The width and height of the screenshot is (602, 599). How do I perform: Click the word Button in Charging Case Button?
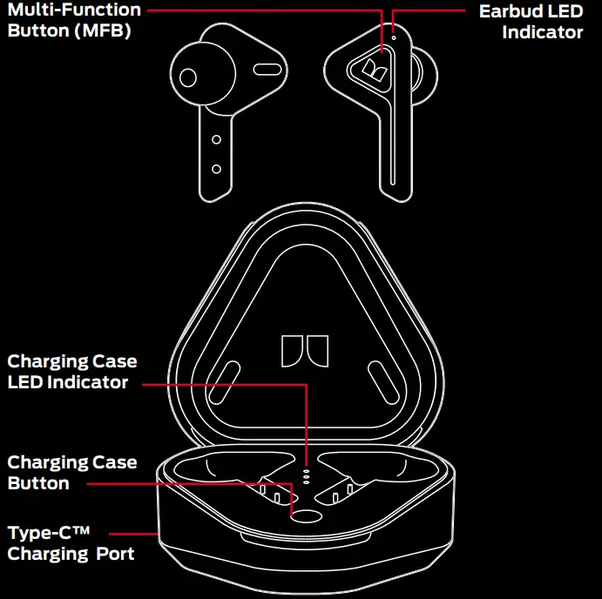point(38,483)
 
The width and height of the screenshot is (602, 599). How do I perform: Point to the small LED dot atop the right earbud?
point(394,37)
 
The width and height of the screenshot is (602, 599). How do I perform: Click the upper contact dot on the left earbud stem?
point(216,139)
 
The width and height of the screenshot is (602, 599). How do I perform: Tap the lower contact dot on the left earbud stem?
point(216,168)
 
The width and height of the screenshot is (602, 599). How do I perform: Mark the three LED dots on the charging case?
point(306,476)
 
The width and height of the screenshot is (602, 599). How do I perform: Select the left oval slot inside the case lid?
point(223,381)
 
